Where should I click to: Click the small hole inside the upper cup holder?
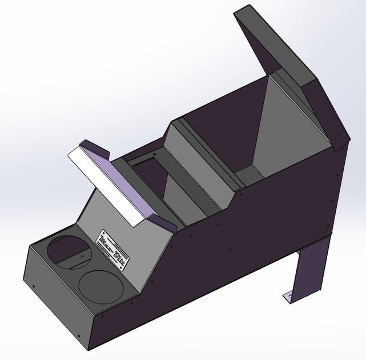[82, 257]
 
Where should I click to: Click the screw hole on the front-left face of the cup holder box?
[34, 284]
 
